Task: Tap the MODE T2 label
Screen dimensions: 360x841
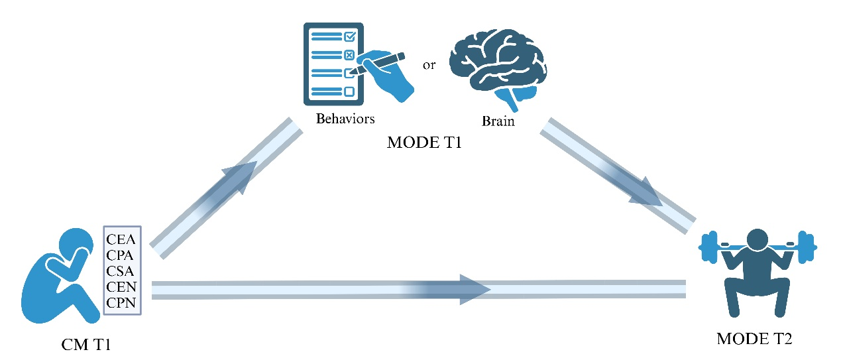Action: tap(755, 339)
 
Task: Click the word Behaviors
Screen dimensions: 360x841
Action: tap(345, 119)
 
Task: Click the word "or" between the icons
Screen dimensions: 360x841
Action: tap(429, 66)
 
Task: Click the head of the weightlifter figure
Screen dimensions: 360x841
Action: tap(757, 239)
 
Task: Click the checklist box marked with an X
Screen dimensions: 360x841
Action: tap(349, 55)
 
